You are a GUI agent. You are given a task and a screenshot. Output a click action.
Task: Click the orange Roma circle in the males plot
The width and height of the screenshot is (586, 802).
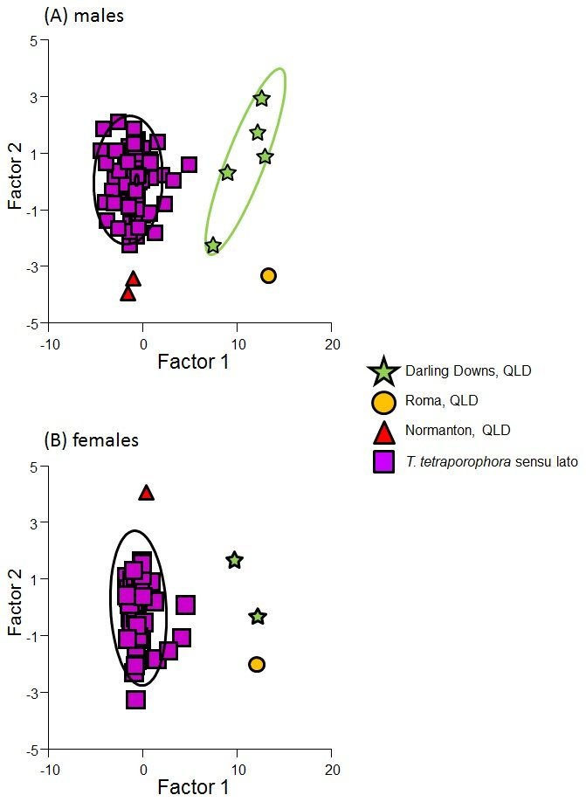(268, 276)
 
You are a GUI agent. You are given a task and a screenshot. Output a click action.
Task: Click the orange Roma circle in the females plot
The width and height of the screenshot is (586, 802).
(257, 664)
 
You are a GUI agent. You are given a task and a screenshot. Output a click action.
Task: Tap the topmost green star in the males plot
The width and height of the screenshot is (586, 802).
(261, 99)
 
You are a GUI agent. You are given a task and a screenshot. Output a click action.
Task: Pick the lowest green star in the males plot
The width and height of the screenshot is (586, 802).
(213, 245)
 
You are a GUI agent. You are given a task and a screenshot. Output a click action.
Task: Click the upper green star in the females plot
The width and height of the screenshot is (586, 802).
(234, 560)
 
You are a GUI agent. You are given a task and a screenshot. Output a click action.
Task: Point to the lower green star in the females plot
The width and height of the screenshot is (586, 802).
(258, 617)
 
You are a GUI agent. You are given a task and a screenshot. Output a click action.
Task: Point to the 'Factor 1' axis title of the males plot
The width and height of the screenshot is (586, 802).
(193, 360)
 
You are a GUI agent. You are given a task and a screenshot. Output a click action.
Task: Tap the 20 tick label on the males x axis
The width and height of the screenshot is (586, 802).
(331, 342)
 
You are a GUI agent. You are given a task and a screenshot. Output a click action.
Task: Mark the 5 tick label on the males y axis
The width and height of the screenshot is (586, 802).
(31, 40)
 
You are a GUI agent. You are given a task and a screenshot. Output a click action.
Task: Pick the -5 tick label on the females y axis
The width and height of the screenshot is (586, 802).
(29, 750)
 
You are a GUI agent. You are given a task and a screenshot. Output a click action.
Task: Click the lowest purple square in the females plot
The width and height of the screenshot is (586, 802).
(135, 700)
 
